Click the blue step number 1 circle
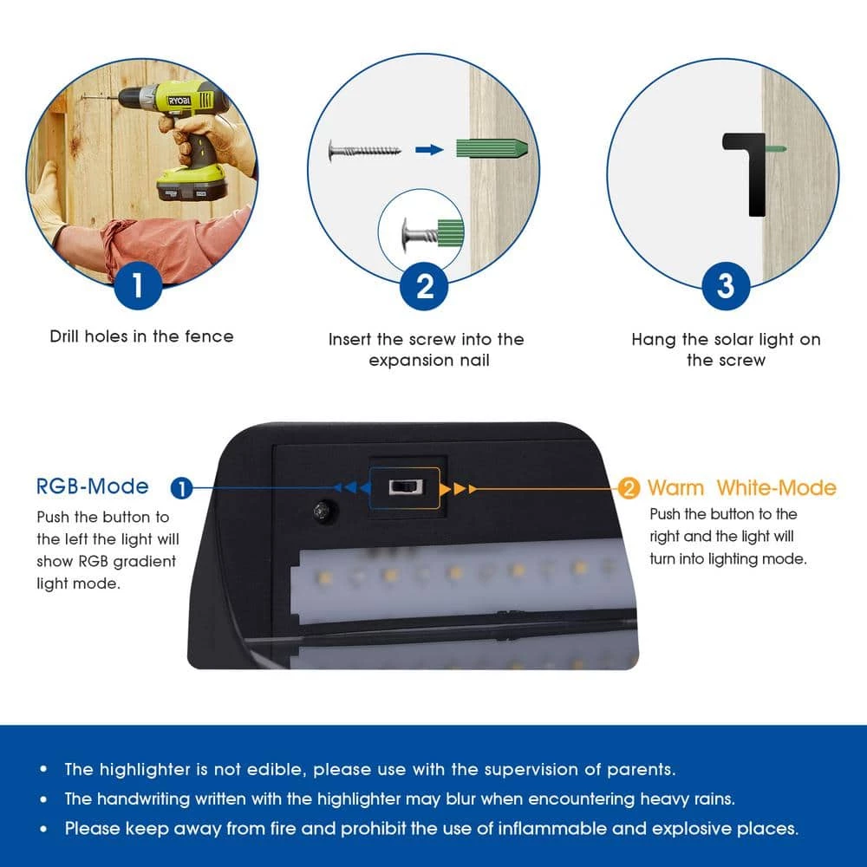point(138,285)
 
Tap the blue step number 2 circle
point(424,286)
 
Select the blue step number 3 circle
point(726,286)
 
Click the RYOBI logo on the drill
point(179,101)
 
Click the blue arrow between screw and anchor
point(429,149)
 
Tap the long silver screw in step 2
point(364,150)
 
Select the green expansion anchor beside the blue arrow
point(492,149)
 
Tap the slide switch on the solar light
point(406,487)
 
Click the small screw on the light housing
point(323,511)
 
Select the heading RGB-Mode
point(93,486)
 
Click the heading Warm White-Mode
point(741,487)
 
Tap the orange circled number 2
point(628,488)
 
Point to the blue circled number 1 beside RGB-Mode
point(181,488)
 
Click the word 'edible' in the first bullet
point(277,770)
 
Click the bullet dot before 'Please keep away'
point(43,829)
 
